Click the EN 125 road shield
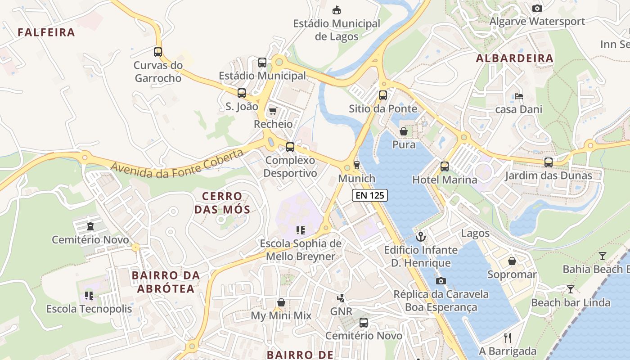tap(369, 195)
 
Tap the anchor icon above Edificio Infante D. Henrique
tap(421, 236)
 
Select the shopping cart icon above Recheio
tap(273, 111)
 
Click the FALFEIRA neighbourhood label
tap(46, 32)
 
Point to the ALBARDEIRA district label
tap(515, 58)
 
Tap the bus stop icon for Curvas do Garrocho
tap(157, 52)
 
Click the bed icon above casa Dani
tap(518, 96)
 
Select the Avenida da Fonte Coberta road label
tap(177, 163)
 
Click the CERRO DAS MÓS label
tap(222, 203)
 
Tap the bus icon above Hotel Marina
tap(445, 166)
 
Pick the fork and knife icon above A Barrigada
tap(508, 338)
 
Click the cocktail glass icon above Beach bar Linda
tap(571, 289)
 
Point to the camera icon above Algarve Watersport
tap(537, 8)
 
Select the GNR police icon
tap(341, 298)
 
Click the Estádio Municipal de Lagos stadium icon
tap(336, 10)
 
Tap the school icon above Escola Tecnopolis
tap(89, 296)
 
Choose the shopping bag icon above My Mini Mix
tap(281, 302)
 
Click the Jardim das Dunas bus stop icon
tap(548, 162)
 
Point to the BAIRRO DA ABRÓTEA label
tap(166, 282)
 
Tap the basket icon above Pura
tap(404, 131)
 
